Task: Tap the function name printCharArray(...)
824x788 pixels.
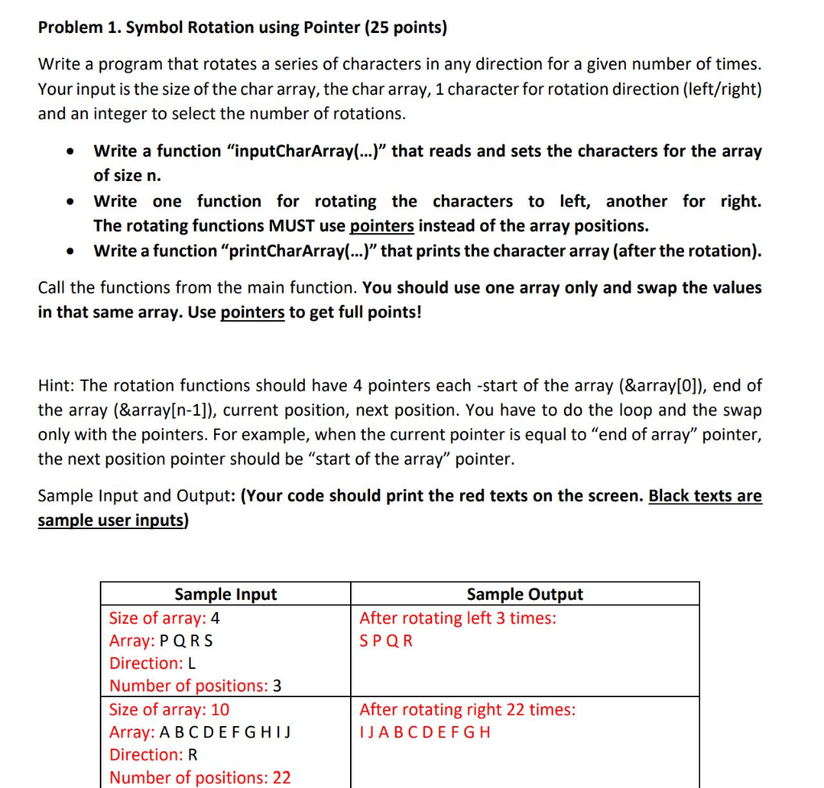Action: coord(303,251)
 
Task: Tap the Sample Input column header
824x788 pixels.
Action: coord(225,594)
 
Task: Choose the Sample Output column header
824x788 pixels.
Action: coord(525,594)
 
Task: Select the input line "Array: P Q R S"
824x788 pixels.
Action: coord(162,641)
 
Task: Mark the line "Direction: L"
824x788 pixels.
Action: coord(153,663)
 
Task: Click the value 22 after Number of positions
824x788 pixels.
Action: coord(282,778)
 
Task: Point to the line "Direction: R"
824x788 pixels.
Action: coord(154,755)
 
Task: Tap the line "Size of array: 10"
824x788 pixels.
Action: coord(169,710)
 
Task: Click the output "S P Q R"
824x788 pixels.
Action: coord(386,641)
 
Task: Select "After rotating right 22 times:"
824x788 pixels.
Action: coord(467,710)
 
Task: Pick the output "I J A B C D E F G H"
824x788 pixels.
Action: coord(425,733)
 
